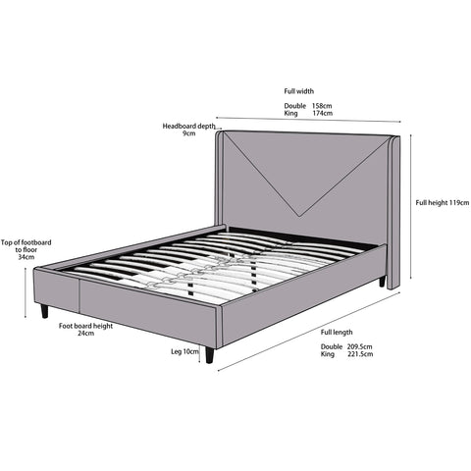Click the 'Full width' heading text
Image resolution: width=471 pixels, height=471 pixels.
[298, 91]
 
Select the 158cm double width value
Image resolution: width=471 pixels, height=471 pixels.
[322, 106]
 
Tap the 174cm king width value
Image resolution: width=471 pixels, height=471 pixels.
[322, 113]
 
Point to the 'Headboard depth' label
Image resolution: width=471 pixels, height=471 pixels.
[189, 126]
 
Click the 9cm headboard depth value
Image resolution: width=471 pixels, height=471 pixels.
[189, 133]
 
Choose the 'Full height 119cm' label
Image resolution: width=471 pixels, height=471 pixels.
[443, 203]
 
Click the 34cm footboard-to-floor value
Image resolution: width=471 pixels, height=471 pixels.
[26, 257]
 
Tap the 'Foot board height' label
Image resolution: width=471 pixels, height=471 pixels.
[85, 326]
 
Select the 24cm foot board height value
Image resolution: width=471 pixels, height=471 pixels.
[86, 334]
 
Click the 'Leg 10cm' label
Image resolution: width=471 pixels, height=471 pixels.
[184, 351]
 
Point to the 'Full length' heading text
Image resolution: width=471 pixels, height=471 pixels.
[337, 333]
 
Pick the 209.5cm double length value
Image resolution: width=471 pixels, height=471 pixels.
[359, 346]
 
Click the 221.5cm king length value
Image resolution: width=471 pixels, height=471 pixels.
[360, 354]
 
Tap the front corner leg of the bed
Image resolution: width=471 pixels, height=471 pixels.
[209, 354]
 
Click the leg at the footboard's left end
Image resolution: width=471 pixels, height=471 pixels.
[44, 311]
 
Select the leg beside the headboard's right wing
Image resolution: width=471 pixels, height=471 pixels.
[382, 282]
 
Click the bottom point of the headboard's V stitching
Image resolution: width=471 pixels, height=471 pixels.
[299, 216]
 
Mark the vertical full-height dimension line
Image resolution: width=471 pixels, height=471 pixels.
[411, 206]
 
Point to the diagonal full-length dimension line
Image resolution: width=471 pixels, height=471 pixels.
[309, 332]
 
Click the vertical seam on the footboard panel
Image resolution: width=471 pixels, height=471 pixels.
[79, 295]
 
